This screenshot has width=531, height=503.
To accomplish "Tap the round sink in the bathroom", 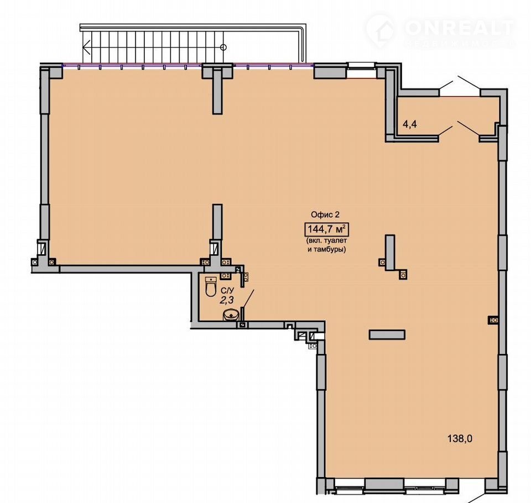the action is (231, 316).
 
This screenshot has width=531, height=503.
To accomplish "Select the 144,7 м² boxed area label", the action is (326, 229).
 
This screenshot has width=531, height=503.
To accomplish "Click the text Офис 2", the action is (325, 214).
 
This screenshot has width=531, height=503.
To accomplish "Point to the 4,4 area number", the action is (409, 124).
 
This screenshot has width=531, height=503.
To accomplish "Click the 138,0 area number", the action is (460, 439).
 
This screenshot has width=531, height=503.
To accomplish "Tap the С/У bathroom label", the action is (227, 290).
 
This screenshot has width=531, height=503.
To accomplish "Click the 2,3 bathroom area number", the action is (227, 300).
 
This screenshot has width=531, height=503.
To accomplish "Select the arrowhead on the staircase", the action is (86, 47).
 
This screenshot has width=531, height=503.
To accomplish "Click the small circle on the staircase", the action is (223, 47).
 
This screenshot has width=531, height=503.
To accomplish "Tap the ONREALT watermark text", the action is (459, 28).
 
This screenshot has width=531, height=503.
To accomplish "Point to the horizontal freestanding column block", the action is (387, 334).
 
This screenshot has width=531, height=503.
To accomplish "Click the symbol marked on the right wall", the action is (493, 320).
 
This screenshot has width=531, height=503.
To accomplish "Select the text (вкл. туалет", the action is (326, 241).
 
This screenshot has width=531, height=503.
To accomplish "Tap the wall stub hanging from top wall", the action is (217, 91).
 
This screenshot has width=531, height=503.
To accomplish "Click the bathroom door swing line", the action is (248, 298).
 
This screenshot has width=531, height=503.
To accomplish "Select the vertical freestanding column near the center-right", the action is (390, 252).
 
